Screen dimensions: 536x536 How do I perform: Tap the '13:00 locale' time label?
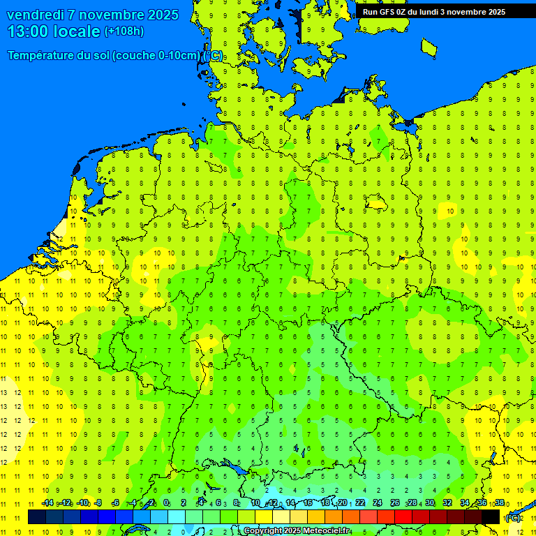point(54,31)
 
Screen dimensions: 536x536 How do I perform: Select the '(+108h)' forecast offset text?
point(124,31)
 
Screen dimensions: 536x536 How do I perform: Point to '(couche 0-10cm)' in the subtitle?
point(157,56)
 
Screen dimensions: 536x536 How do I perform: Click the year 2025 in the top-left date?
point(161,15)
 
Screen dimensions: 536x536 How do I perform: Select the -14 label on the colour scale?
point(47,503)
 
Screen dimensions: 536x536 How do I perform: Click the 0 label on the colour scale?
point(166,503)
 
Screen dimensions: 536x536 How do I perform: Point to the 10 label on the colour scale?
point(255,503)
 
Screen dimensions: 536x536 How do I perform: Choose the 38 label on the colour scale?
point(500,503)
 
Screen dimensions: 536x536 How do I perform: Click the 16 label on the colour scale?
point(308,503)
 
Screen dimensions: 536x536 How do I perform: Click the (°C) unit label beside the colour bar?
point(513,517)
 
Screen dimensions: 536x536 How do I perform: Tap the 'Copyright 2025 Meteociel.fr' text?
point(297,531)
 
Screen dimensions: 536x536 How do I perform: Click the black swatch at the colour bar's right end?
point(491,516)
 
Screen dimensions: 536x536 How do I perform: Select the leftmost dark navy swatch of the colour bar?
point(37,516)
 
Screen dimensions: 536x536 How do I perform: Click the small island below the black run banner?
point(429,47)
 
